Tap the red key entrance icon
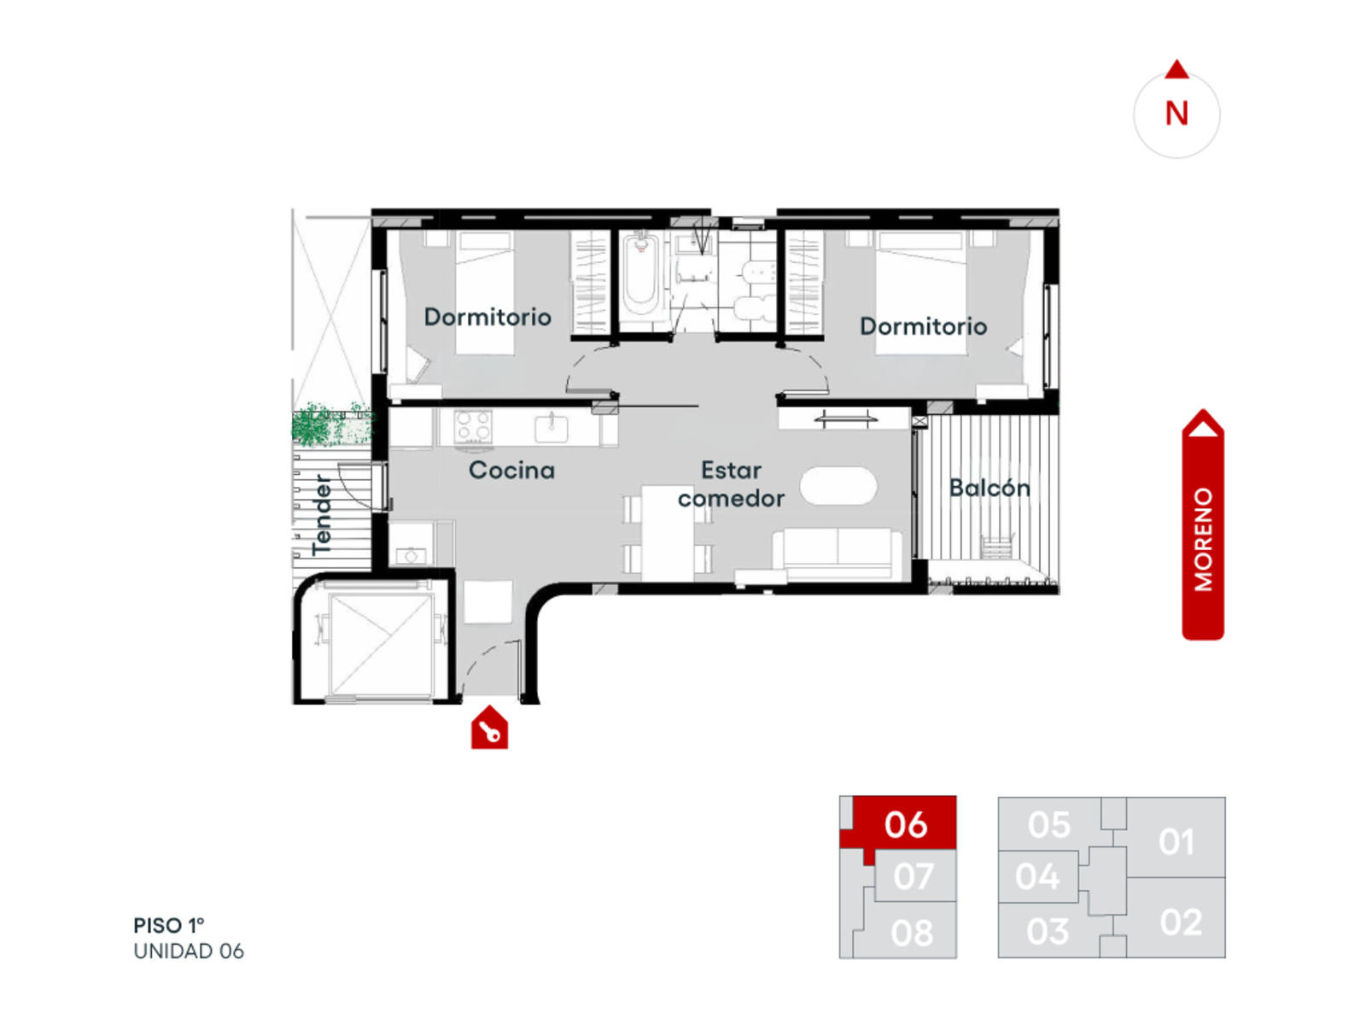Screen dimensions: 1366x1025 pyautogui.click(x=489, y=727)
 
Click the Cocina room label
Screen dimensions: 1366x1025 pyautogui.click(x=511, y=471)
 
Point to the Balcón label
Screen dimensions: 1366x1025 pyautogui.click(x=989, y=487)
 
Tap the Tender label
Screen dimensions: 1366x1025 pyautogui.click(x=322, y=515)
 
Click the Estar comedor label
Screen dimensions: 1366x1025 pyautogui.click(x=731, y=484)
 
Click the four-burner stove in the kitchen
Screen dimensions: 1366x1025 pyautogui.click(x=472, y=427)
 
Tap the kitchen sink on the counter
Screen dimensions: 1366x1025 pyautogui.click(x=551, y=428)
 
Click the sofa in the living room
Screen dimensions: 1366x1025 pyautogui.click(x=837, y=554)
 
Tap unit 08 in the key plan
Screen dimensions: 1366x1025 pyautogui.click(x=911, y=932)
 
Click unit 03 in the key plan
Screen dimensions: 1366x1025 pyautogui.click(x=1047, y=931)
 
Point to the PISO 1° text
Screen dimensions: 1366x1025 pyautogui.click(x=169, y=925)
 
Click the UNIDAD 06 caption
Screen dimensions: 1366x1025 pyautogui.click(x=189, y=951)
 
